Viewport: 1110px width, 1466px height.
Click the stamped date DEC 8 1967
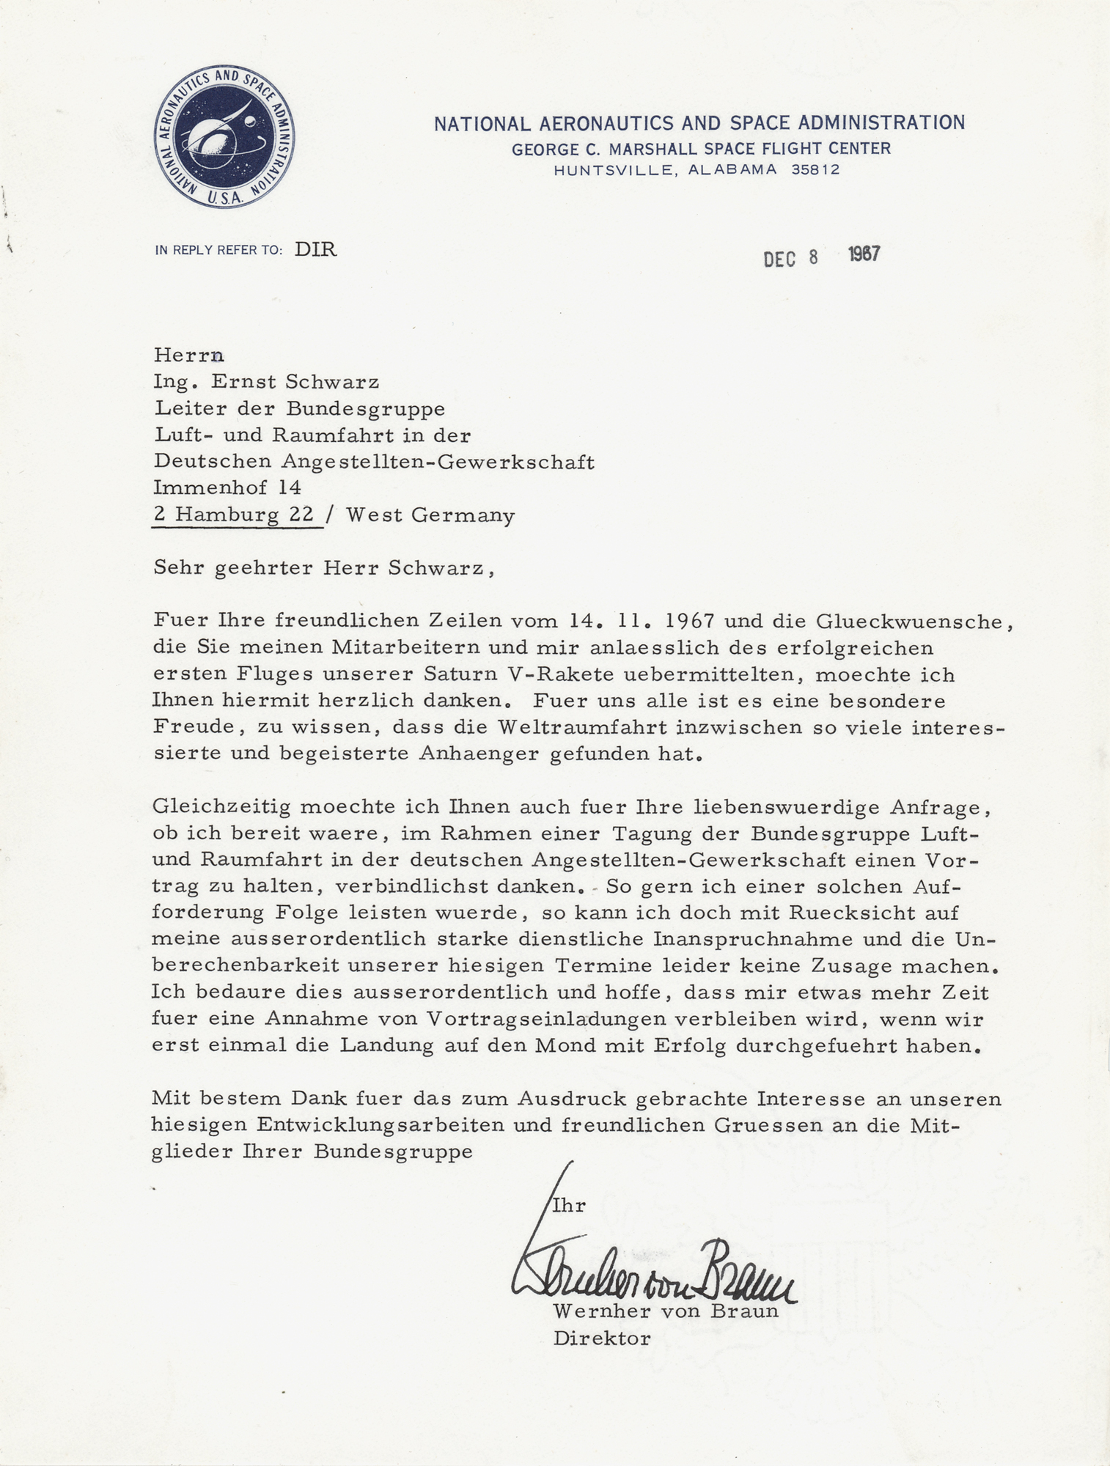(820, 257)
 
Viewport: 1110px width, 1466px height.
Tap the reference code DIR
(315, 250)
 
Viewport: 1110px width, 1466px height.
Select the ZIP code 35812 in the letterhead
(815, 170)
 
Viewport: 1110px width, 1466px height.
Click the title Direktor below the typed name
(601, 1338)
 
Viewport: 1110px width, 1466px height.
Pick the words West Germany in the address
(430, 515)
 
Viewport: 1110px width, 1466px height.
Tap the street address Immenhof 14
(227, 487)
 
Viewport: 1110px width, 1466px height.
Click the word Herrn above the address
(188, 356)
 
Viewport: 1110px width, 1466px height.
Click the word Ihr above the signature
(568, 1206)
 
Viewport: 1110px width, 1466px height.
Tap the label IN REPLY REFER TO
(218, 251)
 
